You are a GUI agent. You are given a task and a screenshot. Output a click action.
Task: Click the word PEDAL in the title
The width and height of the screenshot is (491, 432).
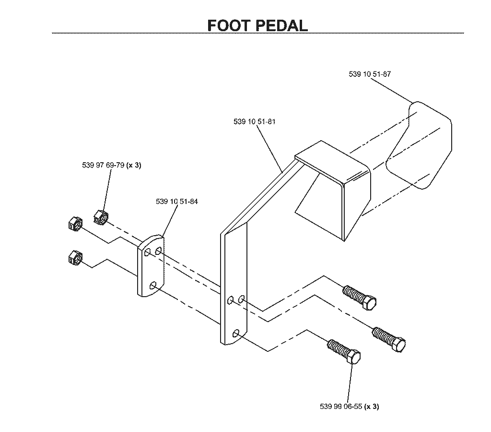click(x=282, y=26)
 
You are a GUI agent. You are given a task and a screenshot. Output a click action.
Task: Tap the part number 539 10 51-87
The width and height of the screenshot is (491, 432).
click(x=370, y=74)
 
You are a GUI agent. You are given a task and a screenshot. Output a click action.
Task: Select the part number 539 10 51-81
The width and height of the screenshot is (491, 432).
click(x=254, y=121)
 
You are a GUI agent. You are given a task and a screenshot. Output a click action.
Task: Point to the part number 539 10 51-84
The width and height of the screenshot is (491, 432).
click(x=177, y=202)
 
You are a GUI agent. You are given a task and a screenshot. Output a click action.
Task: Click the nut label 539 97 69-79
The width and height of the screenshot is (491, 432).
click(x=104, y=165)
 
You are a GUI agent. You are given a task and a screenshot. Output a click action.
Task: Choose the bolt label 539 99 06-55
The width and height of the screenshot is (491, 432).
click(x=341, y=407)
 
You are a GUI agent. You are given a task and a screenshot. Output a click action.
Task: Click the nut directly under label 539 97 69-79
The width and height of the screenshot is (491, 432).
click(x=101, y=217)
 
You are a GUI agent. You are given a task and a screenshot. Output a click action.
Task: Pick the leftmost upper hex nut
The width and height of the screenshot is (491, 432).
click(x=75, y=224)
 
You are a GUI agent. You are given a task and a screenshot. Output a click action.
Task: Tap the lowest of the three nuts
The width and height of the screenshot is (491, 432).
click(x=75, y=258)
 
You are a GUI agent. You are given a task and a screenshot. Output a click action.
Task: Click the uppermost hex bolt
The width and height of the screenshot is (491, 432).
click(x=360, y=298)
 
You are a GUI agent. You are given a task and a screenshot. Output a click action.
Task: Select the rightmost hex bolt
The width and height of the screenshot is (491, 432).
click(x=389, y=340)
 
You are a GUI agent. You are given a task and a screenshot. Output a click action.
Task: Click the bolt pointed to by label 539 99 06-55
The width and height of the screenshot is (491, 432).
click(x=344, y=352)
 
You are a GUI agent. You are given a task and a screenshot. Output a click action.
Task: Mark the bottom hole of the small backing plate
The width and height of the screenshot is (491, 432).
click(x=153, y=286)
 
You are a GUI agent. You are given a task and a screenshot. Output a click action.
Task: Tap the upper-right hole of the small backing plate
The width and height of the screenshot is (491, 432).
click(x=158, y=251)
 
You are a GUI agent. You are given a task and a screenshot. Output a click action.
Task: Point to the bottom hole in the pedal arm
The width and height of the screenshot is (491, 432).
click(x=236, y=334)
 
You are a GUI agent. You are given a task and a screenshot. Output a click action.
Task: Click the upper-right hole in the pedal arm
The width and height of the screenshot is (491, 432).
click(x=242, y=299)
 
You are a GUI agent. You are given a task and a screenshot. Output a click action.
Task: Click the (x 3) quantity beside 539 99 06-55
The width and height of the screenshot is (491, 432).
click(x=372, y=407)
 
